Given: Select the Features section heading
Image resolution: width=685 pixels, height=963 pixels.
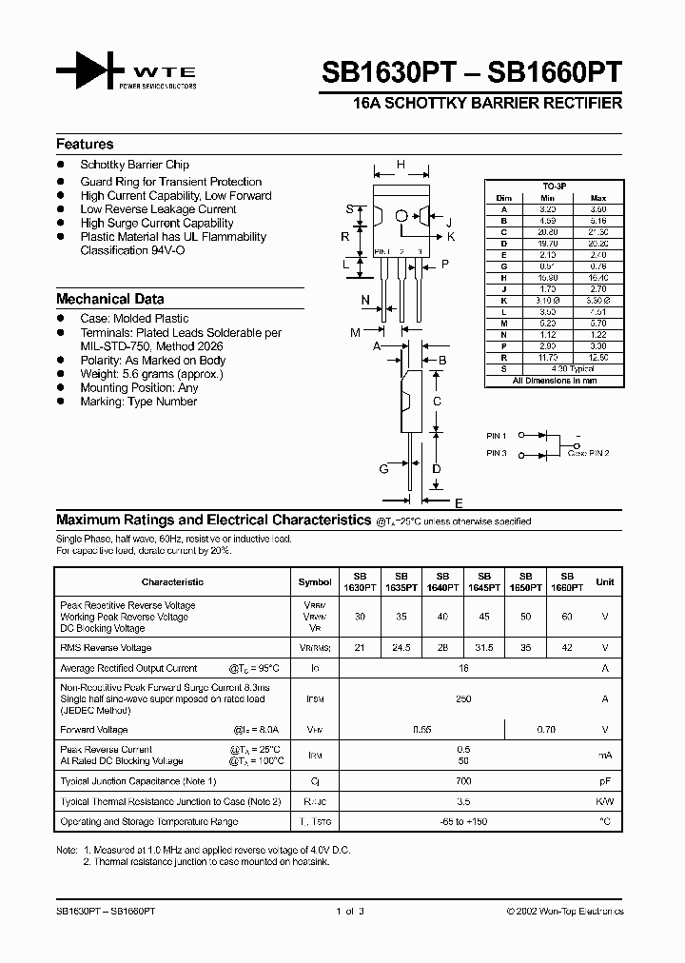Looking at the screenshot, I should coord(85,144).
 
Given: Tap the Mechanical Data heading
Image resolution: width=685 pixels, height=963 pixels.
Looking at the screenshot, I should coord(109,298).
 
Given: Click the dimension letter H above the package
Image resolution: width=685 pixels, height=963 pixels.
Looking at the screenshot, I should coord(401,165).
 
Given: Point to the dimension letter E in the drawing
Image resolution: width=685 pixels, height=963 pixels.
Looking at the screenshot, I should coord(459,502).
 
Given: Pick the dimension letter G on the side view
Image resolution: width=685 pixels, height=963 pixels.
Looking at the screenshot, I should coord(383,468).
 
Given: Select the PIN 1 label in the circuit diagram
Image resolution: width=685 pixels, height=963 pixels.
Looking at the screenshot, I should coord(497,435).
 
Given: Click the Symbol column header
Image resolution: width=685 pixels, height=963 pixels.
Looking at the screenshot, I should coord(315,581).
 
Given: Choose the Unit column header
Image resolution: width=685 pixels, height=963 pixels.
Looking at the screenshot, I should coord(605,581).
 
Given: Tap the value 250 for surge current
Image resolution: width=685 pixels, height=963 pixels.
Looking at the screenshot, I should coord(464,699).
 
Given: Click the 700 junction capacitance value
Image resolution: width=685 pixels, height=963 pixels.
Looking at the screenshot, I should coord(464,781).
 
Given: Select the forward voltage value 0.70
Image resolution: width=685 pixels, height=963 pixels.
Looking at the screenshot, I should coord(546,730).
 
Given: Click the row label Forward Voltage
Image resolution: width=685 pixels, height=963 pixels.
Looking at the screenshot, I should coord(93,730).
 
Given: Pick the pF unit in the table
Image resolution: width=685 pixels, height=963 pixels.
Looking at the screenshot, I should coord(605,781).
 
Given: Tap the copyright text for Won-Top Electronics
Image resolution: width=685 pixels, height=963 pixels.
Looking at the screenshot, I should coord(564,912).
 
